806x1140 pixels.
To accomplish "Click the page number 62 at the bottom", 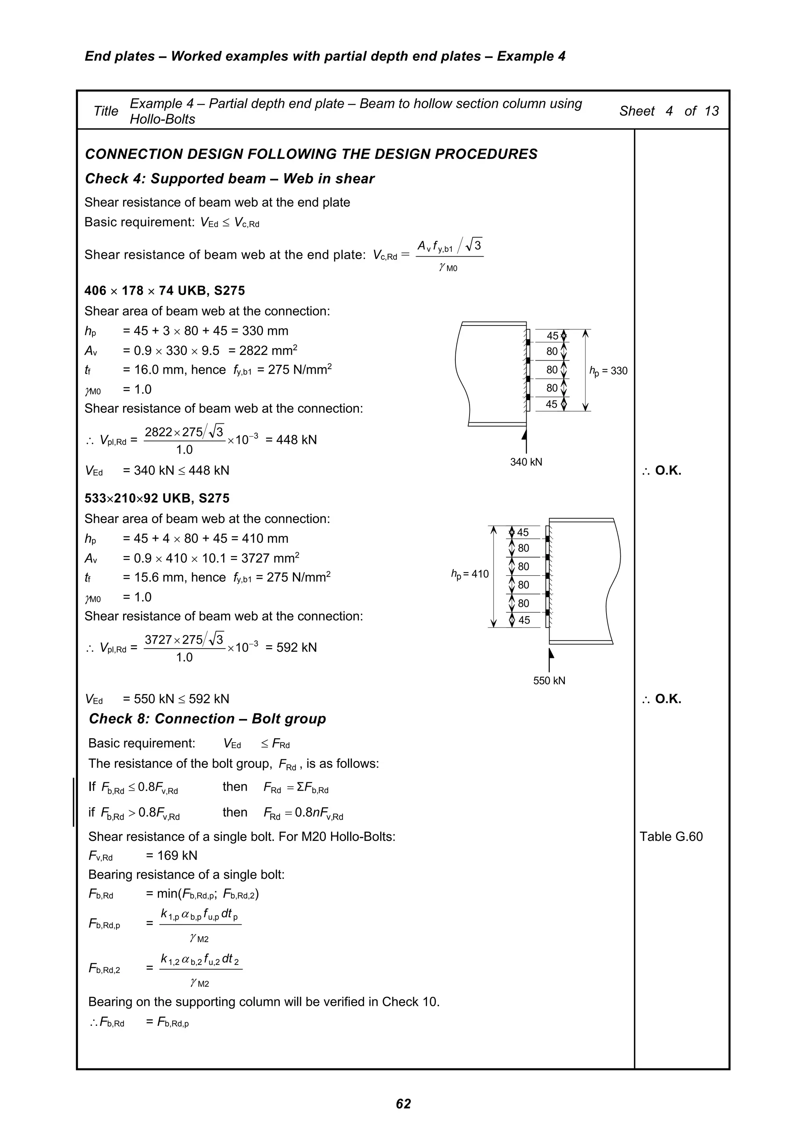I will click(403, 1103).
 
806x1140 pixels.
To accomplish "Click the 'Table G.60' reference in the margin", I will click(671, 837).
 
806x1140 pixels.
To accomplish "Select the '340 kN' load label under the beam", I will click(526, 462).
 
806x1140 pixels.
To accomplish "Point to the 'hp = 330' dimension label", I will click(608, 371).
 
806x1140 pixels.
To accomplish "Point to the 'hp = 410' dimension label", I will click(470, 575).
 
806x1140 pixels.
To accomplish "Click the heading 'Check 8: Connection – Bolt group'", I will click(207, 719).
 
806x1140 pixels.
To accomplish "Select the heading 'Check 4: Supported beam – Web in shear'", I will click(229, 179).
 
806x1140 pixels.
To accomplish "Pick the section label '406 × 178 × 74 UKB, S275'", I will click(165, 291).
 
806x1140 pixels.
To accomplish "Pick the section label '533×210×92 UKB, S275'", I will click(157, 499).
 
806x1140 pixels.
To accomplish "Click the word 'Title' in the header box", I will click(106, 111).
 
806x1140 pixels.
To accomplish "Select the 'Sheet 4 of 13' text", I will click(668, 111).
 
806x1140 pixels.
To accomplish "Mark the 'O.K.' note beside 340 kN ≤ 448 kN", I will click(667, 471).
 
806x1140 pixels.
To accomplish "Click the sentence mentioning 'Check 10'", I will click(264, 1002).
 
